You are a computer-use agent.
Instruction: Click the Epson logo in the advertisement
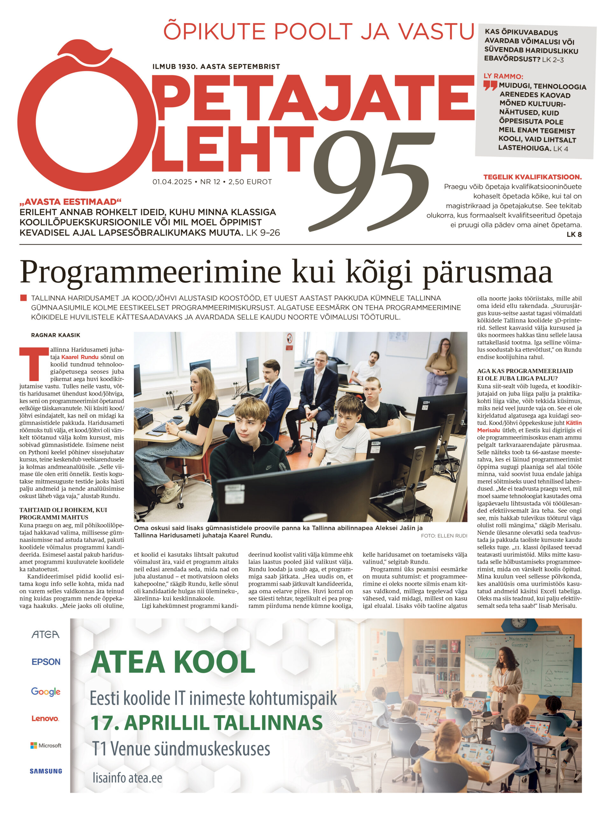46,662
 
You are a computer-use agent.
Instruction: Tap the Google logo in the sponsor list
46,692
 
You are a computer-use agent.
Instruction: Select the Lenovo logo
45,718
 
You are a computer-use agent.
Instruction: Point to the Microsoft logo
46,746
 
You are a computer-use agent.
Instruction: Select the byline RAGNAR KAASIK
56,335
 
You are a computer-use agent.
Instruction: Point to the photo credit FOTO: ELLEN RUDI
444,536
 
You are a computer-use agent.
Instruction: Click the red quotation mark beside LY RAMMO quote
490,86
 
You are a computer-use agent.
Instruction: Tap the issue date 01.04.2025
172,182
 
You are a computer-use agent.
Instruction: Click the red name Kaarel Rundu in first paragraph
80,357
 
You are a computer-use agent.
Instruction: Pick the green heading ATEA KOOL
173,662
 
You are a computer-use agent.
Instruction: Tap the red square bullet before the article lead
24,298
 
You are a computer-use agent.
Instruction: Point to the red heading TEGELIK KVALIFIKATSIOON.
532,177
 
